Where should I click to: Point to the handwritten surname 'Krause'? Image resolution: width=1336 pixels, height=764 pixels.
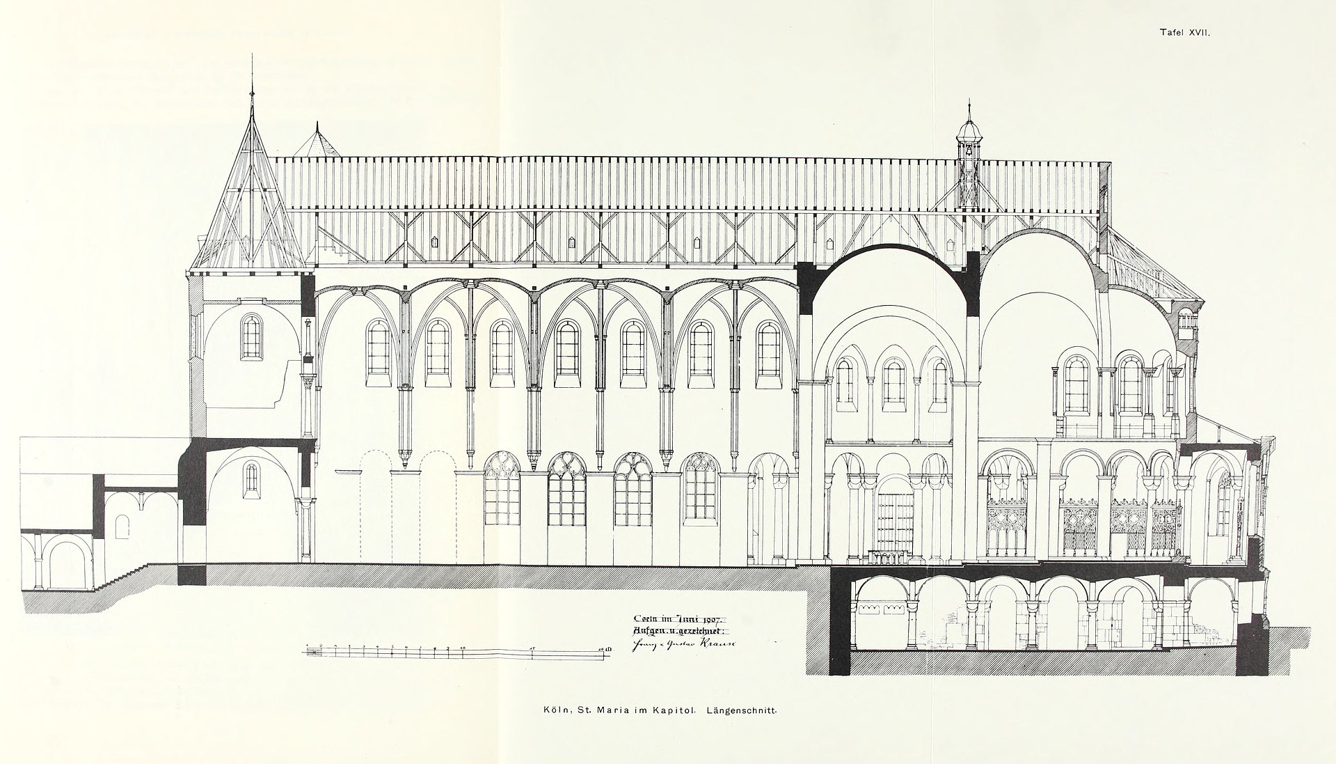coord(708,643)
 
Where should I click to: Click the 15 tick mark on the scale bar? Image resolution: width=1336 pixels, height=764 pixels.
coord(532,651)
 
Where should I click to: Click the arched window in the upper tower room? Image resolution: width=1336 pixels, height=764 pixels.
coord(251,336)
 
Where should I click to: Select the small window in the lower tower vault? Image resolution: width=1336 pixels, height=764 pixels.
coord(250,479)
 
